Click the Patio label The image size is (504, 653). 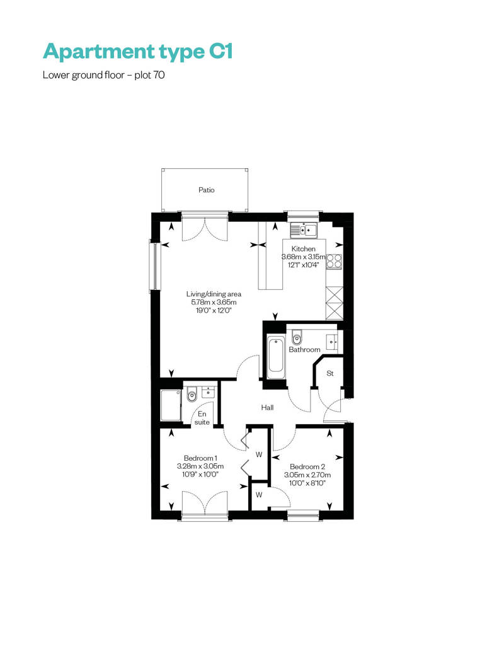pos(207,190)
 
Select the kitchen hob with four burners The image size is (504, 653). pos(334,261)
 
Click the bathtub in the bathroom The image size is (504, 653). pos(275,355)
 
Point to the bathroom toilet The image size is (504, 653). pos(296,337)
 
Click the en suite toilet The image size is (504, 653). pos(192,394)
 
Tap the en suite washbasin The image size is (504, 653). pos(208,392)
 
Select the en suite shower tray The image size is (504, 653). pos(171,406)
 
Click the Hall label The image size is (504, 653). pos(267,407)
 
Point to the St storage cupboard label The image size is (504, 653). pos(330,373)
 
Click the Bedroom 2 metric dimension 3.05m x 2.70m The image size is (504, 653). pos(307,475)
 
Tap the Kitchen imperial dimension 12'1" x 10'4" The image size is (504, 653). pos(303,265)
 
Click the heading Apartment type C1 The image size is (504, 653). pos(138,52)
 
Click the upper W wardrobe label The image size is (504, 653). pos(259,454)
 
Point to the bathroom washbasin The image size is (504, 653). pos(332,342)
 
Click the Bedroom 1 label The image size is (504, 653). pos(200,458)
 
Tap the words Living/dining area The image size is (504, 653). pos(214,294)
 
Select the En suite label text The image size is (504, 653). pos(202,418)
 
